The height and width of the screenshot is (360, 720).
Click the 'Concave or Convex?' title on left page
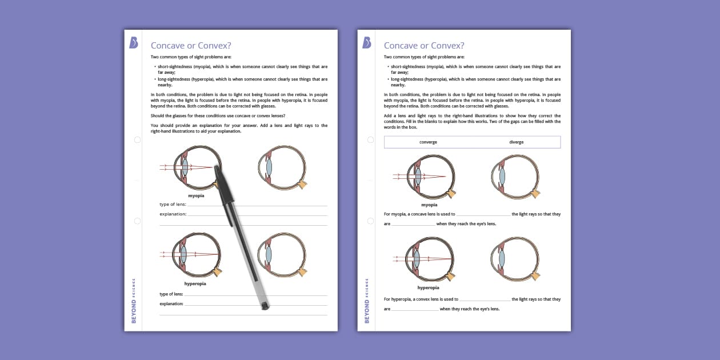click(190, 46)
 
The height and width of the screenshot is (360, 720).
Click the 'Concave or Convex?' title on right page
click(423, 46)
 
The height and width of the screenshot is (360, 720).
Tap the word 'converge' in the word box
click(428, 142)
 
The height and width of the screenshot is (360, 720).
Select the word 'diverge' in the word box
click(516, 142)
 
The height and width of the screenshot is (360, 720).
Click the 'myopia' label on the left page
click(196, 195)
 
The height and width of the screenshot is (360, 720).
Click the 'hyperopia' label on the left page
click(195, 283)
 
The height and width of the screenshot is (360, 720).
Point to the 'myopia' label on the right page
click(429, 205)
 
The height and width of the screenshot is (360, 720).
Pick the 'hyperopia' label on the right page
click(428, 288)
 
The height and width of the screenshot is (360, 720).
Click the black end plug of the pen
click(265, 306)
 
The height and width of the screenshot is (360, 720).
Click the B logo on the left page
click(134, 43)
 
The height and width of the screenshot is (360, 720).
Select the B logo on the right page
click(367, 43)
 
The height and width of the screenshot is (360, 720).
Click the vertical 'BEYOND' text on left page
click(134, 311)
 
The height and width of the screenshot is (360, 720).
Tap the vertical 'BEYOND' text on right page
click(367, 311)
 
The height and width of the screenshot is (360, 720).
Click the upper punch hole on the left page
click(137, 140)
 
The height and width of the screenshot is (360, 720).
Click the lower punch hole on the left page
click(137, 221)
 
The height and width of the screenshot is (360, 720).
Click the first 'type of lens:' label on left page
click(172, 204)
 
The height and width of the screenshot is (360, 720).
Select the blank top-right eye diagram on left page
click(282, 167)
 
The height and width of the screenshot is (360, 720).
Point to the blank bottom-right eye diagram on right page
click(515, 259)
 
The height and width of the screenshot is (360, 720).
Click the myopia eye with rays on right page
click(429, 177)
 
